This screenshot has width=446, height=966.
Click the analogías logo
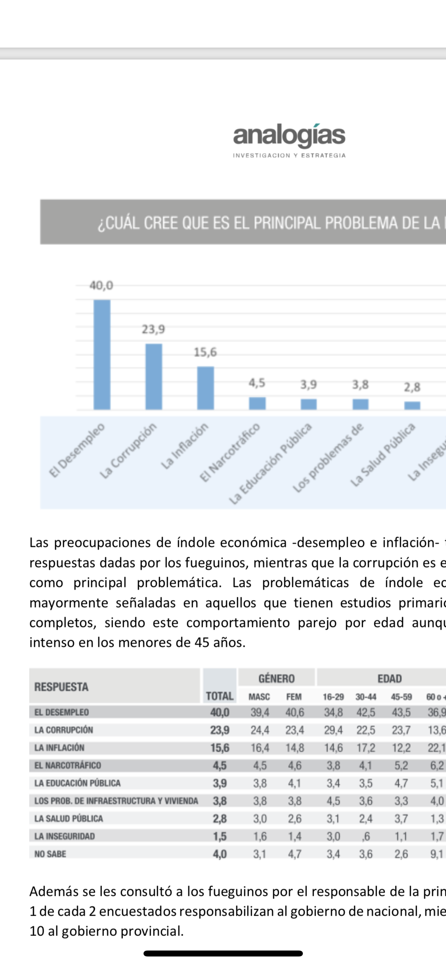[289, 140]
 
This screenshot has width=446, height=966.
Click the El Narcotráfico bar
[257, 403]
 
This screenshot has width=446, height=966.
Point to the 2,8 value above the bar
[412, 387]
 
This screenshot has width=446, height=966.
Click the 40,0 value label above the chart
[101, 286]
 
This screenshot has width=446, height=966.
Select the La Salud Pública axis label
[383, 454]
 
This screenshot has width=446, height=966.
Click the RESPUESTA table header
[61, 687]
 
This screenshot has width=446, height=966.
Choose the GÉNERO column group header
[276, 678]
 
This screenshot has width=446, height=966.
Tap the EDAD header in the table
[389, 678]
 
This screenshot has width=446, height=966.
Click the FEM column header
[294, 697]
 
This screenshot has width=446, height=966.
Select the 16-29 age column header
[333, 697]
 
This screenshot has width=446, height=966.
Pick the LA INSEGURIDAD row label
[65, 836]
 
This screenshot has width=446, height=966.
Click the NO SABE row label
[50, 854]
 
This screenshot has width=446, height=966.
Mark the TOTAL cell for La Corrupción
[220, 730]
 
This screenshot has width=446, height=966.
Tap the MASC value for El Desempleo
[260, 713]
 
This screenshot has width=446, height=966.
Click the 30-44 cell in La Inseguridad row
[366, 836]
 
